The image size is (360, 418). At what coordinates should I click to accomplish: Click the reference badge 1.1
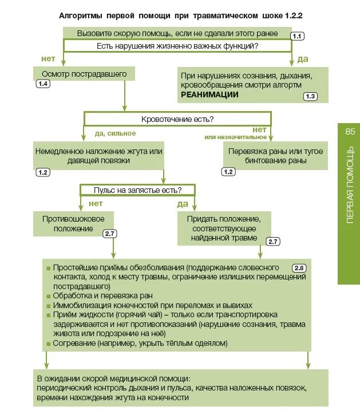coord(297,36)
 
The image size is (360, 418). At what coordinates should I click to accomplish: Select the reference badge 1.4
coord(43,84)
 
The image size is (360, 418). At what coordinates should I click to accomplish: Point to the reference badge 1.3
coord(310,96)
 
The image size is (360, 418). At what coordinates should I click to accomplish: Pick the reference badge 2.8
coord(299,268)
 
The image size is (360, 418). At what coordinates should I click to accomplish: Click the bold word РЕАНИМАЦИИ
coord(209,95)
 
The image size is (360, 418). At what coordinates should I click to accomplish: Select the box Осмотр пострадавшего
coord(84,74)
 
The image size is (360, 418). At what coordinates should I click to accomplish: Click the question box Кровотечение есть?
coord(177,119)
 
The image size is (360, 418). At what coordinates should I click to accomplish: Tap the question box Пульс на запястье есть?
coord(138,190)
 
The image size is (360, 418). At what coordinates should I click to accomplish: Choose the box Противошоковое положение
coord(73,223)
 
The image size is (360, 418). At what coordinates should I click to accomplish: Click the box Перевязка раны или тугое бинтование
coord(275,156)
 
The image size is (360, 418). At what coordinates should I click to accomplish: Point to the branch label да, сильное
coord(115,133)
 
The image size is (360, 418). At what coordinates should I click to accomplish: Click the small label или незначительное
coord(236,137)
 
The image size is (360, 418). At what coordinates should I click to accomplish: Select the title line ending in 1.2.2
coord(181,16)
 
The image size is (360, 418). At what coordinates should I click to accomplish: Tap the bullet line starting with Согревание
coord(140,344)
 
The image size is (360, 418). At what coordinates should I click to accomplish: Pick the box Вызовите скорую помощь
coord(177,33)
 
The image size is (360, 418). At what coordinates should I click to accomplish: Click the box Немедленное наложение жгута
coord(99,156)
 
